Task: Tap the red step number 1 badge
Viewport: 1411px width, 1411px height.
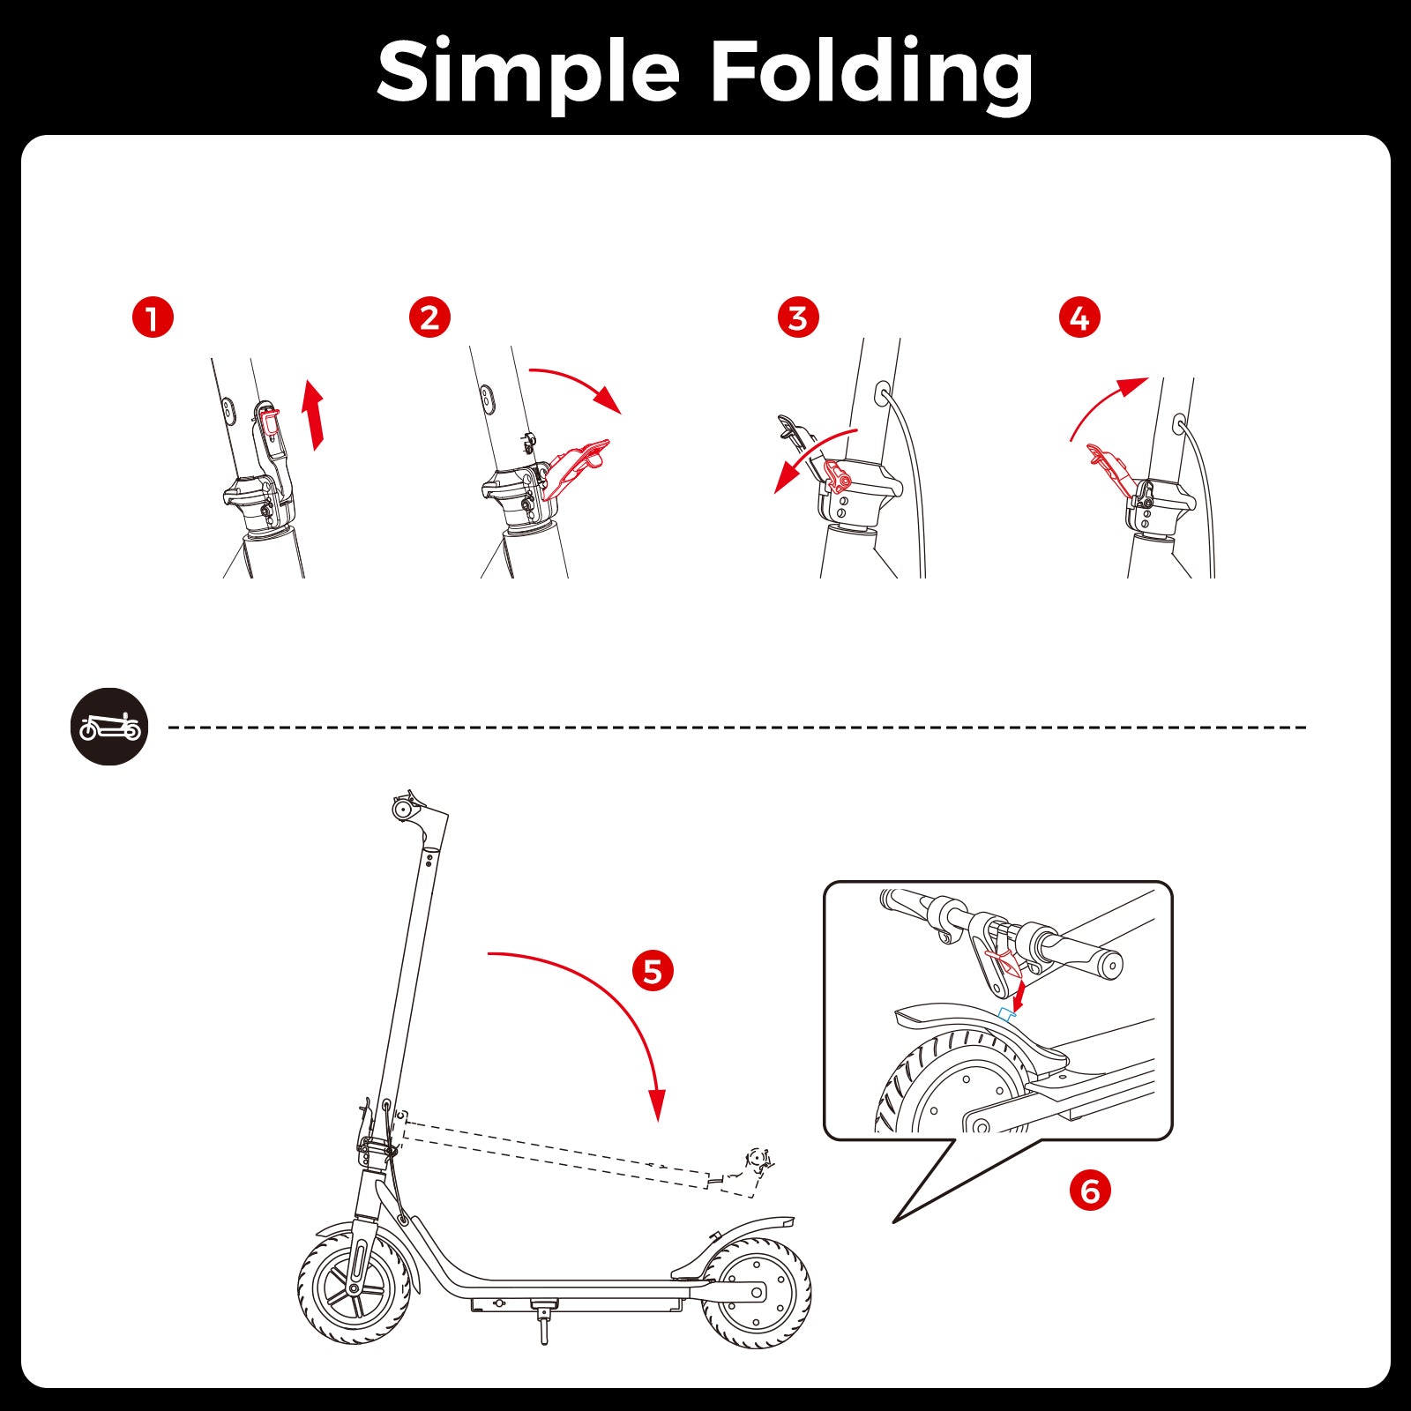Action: tap(153, 317)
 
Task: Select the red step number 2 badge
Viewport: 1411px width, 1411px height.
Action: tap(429, 317)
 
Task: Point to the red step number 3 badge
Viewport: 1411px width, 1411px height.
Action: tap(798, 317)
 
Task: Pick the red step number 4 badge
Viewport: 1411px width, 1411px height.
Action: tap(1079, 317)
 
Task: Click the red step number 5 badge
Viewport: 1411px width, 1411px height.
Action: tap(653, 971)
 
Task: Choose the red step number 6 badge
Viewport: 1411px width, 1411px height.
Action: tap(1090, 1191)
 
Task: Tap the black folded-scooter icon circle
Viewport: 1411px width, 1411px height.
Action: tap(109, 727)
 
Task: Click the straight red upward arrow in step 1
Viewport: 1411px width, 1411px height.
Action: tap(312, 414)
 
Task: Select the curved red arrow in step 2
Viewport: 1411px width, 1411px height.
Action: tap(578, 379)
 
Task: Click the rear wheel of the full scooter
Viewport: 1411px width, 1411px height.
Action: tap(756, 1294)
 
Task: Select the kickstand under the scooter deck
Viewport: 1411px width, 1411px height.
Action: tap(543, 1322)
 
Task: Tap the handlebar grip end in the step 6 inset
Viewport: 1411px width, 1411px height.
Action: tap(1111, 966)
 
